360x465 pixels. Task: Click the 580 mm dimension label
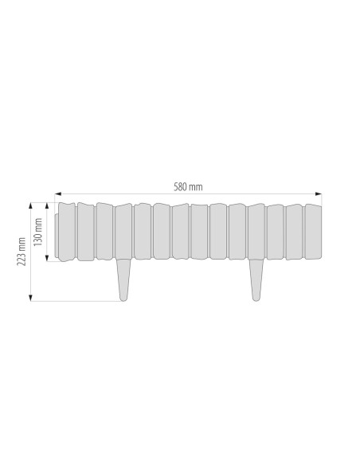188,187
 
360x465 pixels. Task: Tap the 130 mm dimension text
38,232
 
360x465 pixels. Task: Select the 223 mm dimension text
22,252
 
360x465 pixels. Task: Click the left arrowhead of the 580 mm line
58,194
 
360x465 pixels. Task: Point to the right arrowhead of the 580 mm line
319,194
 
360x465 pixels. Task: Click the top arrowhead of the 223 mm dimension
30,205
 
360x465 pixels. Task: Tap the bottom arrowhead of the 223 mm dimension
30,298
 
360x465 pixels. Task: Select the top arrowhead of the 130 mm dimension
47,205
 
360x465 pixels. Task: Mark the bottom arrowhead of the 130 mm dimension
47,258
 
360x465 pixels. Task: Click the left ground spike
123,279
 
